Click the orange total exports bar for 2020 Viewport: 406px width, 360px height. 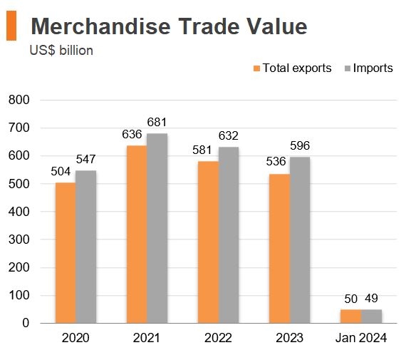(66, 253)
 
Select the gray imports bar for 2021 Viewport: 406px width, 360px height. (157, 228)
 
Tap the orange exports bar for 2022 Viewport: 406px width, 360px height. (208, 242)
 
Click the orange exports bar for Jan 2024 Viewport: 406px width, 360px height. (350, 316)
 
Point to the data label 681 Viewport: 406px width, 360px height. (157, 122)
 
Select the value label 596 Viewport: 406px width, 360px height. (300, 145)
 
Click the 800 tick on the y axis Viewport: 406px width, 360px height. (19, 101)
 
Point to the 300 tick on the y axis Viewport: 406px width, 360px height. (19, 240)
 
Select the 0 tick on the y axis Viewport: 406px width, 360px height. (25, 323)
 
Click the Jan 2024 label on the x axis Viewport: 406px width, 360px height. (360, 339)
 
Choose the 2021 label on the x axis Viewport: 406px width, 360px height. (147, 339)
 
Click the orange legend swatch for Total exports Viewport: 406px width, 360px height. (256, 68)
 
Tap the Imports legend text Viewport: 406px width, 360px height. (373, 68)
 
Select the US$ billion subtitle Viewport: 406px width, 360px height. (61, 51)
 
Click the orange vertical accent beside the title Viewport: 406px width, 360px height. (11, 26)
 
